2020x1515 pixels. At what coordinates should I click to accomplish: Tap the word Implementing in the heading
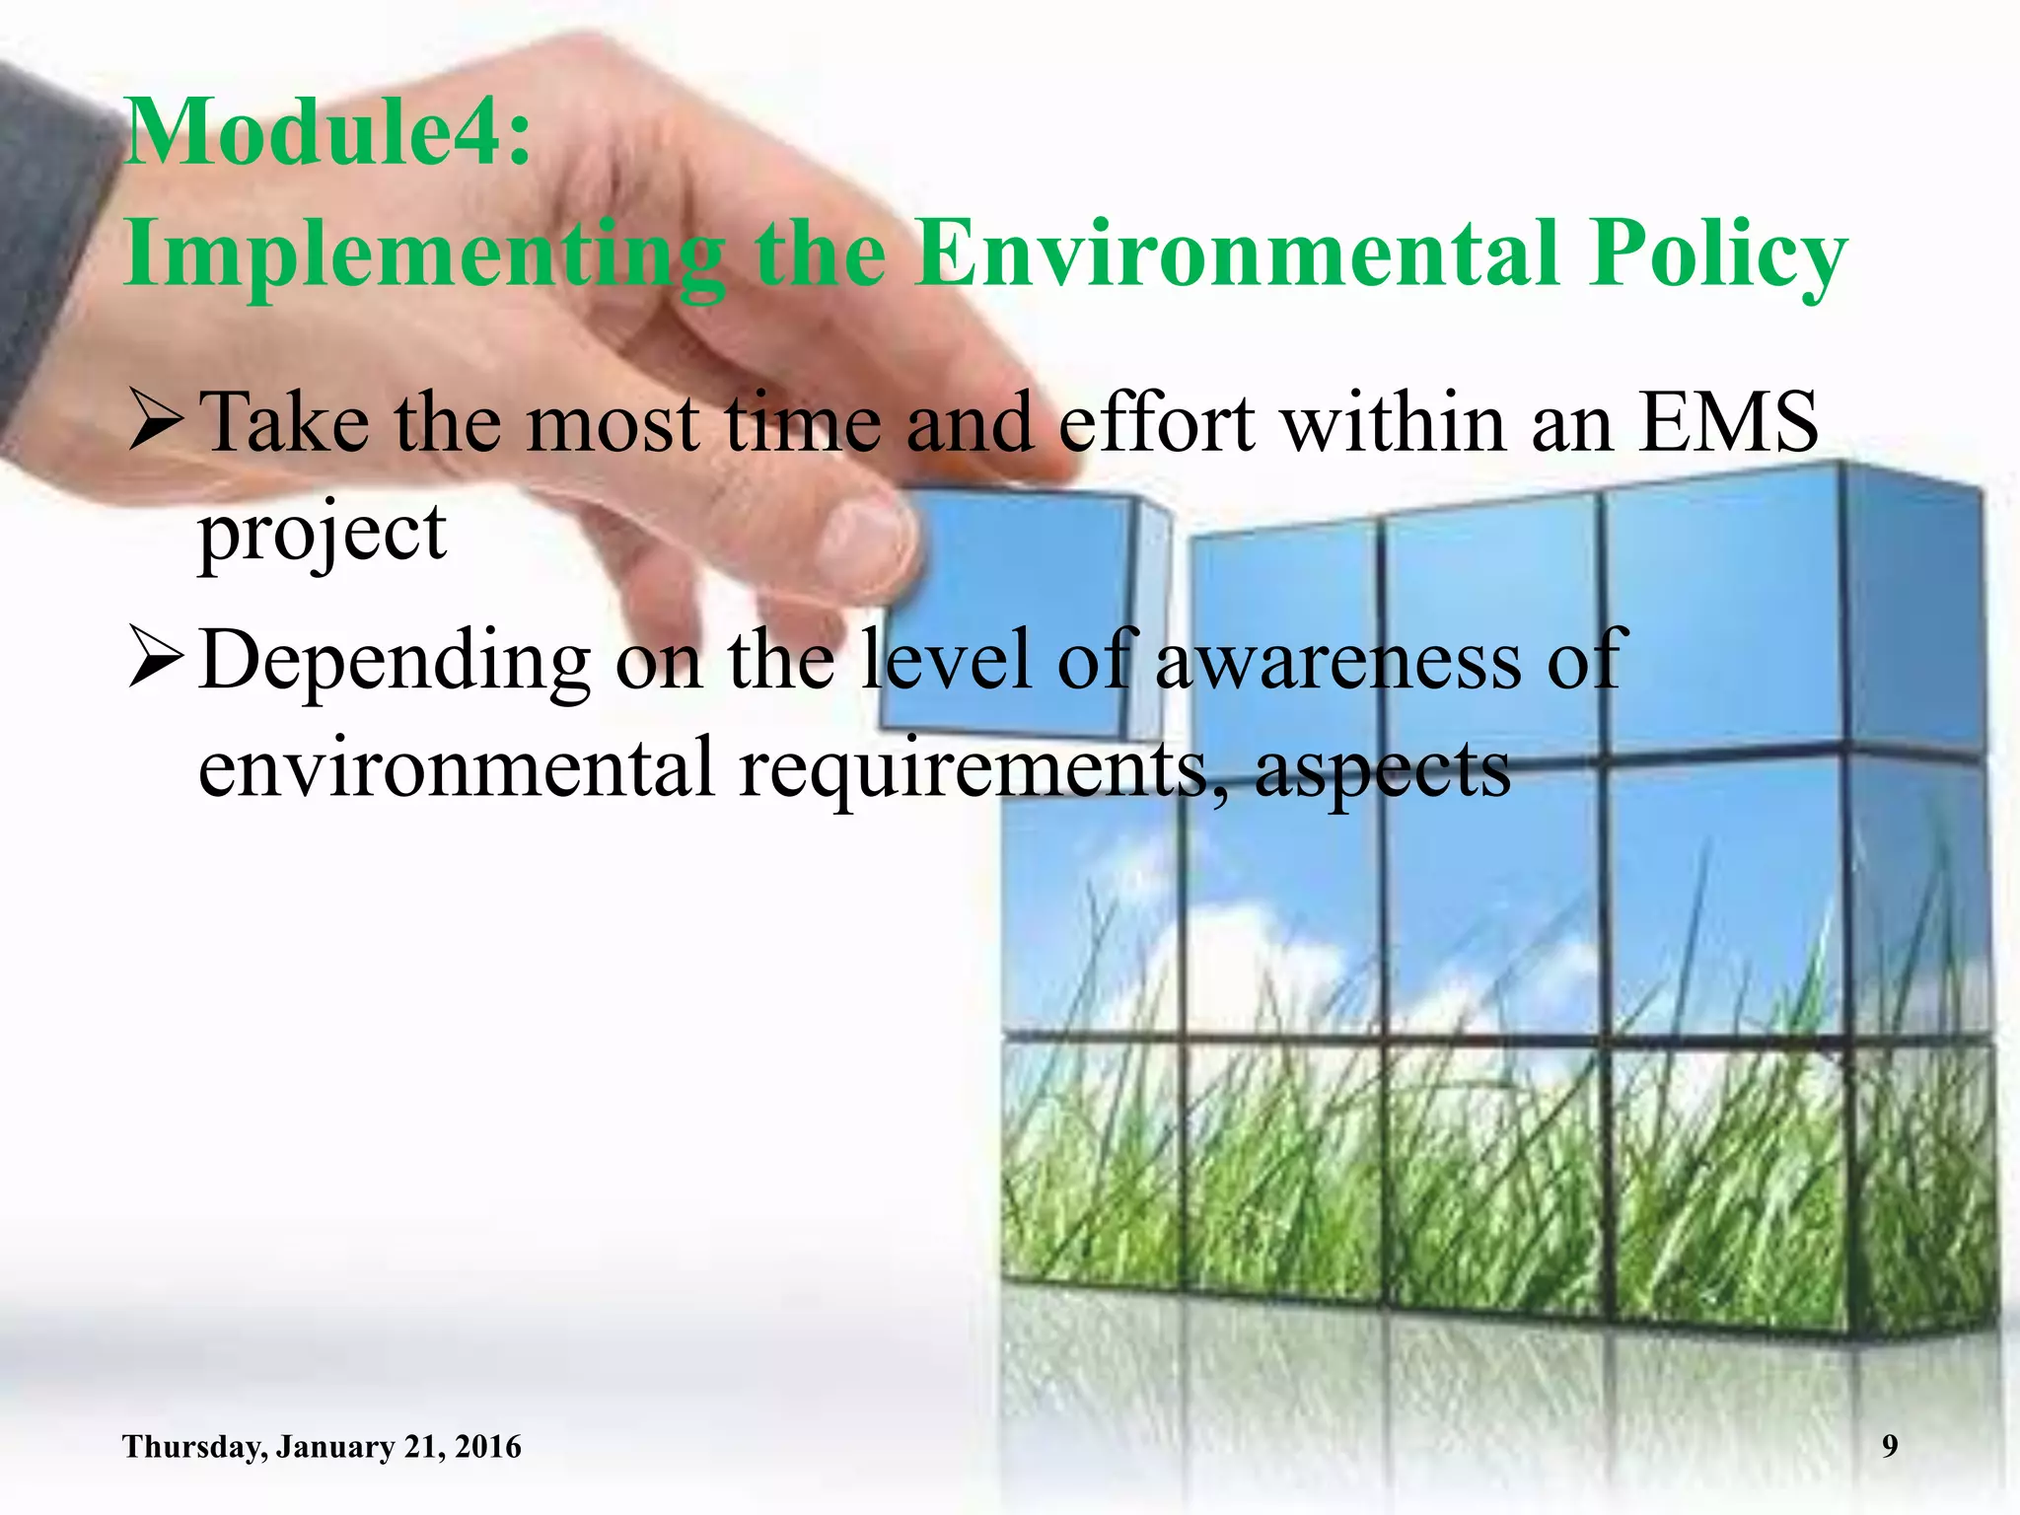pyautogui.click(x=424, y=254)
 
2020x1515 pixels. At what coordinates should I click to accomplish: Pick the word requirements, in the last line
pyautogui.click(x=985, y=770)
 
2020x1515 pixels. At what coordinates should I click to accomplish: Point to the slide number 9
pyautogui.click(x=1889, y=1446)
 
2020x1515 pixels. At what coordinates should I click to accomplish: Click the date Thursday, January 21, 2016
pyautogui.click(x=322, y=1447)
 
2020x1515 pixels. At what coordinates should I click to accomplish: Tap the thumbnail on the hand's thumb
pyautogui.click(x=863, y=538)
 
